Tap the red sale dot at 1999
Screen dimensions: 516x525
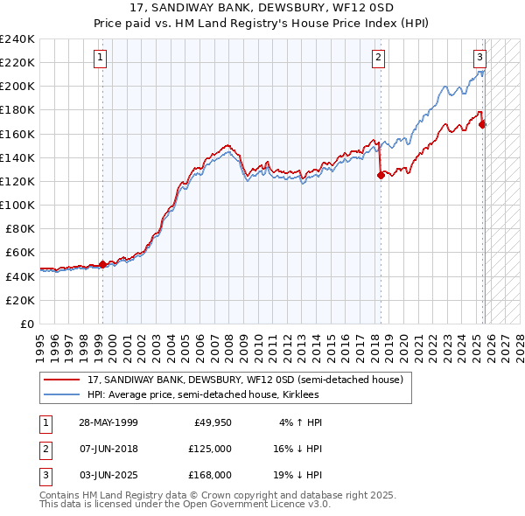tap(102, 263)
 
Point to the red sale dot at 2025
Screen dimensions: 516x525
tap(483, 124)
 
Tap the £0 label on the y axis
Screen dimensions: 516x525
tap(27, 323)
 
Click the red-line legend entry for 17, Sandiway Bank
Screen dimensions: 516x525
tap(245, 380)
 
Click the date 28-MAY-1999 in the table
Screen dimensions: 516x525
tap(108, 422)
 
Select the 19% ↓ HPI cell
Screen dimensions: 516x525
tap(298, 475)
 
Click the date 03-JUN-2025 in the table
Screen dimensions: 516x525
tap(108, 475)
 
